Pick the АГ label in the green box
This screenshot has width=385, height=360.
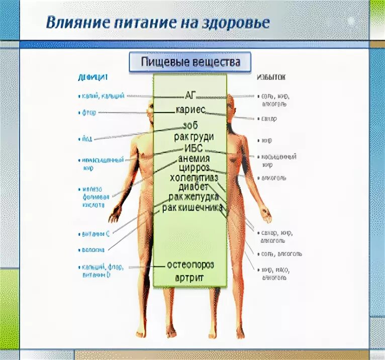(190, 96)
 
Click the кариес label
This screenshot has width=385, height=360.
(190, 110)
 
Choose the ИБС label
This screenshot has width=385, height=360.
(194, 148)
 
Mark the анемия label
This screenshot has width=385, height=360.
(194, 158)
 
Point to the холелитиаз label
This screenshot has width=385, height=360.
(194, 177)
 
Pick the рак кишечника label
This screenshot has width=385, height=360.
(192, 207)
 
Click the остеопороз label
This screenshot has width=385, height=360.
(190, 264)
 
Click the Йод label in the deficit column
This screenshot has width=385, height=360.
(86, 139)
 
